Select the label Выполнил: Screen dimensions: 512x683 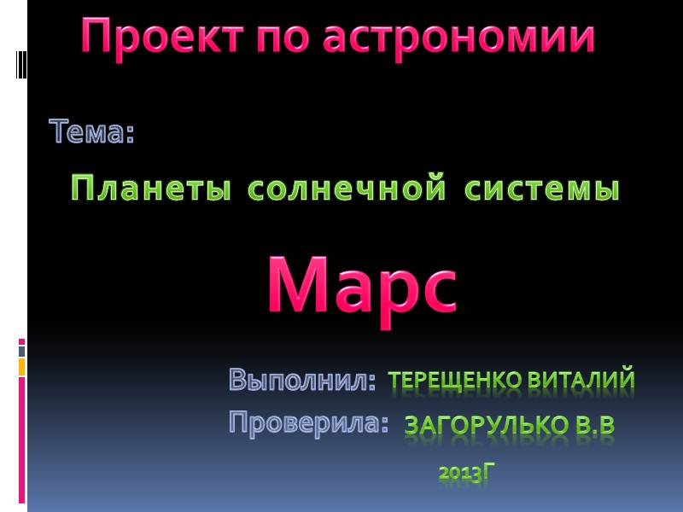302,381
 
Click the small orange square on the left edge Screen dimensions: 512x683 22,367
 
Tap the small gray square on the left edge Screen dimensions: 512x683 22,351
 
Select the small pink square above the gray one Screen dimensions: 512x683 22,341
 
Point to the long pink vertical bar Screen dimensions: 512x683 22,439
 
